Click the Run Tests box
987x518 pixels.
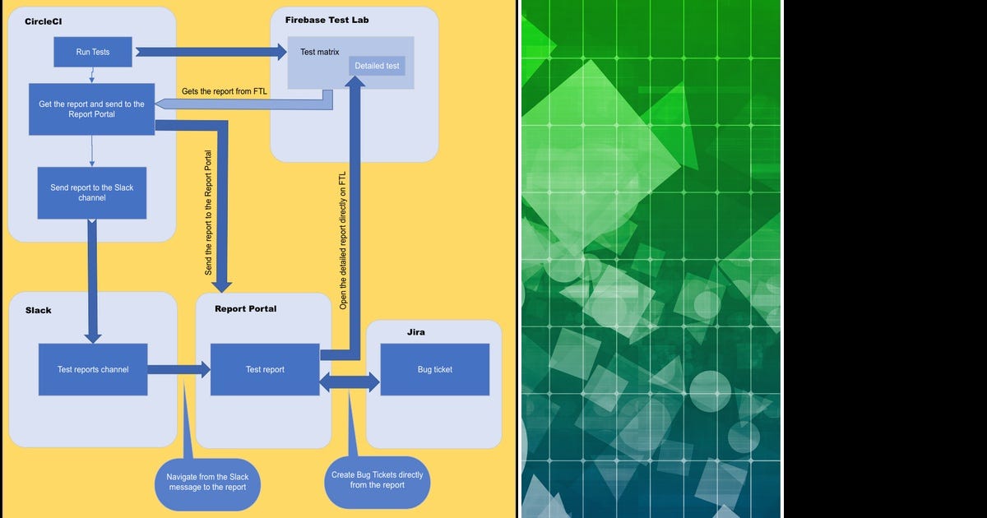click(93, 52)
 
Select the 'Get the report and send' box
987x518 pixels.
click(91, 109)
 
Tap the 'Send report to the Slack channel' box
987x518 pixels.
click(91, 192)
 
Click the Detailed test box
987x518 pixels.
click(377, 66)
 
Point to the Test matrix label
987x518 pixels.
click(319, 52)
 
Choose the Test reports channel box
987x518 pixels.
click(93, 369)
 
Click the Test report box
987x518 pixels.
click(265, 369)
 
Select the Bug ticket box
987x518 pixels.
click(434, 369)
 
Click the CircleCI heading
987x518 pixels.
click(45, 21)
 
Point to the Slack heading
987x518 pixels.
click(39, 310)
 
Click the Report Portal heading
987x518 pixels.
click(245, 309)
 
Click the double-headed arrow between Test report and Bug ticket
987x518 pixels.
click(350, 382)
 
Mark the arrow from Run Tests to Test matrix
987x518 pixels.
click(206, 52)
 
